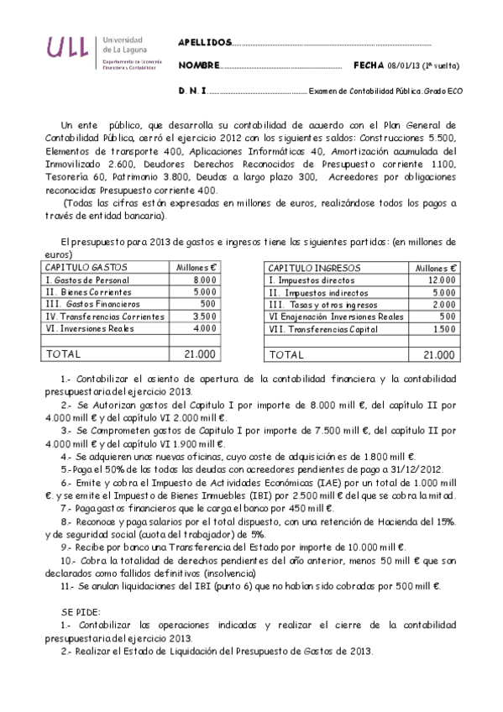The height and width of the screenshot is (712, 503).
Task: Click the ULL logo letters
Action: tap(66, 50)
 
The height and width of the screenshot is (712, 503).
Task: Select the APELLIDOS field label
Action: tap(204, 42)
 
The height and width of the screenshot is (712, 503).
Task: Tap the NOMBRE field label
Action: tap(200, 65)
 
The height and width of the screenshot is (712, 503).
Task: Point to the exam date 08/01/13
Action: tap(404, 65)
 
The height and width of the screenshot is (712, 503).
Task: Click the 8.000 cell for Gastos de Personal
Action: tap(204, 279)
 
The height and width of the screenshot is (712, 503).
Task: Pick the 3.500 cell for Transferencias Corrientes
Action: tap(204, 317)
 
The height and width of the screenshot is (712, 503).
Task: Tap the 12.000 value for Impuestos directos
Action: tap(440, 279)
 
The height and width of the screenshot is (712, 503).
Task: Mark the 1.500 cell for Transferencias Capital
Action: tap(443, 329)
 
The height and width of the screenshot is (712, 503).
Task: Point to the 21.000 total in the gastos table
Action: tap(199, 354)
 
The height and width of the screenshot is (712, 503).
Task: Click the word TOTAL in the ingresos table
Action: tap(286, 354)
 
